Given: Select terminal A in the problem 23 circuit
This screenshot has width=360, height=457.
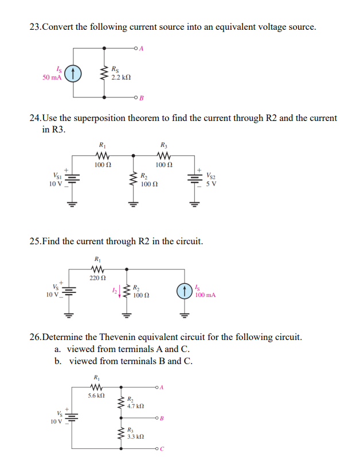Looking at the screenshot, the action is (x=135, y=48).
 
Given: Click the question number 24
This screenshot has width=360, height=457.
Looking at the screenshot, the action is (x=35, y=118).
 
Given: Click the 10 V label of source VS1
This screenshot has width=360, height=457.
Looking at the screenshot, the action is (x=54, y=183).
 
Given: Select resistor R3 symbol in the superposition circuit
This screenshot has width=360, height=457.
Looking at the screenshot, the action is (x=163, y=155).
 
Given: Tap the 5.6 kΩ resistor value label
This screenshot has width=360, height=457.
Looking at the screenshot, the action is (x=96, y=396).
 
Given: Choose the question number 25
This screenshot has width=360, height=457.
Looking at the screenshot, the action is (x=35, y=241).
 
